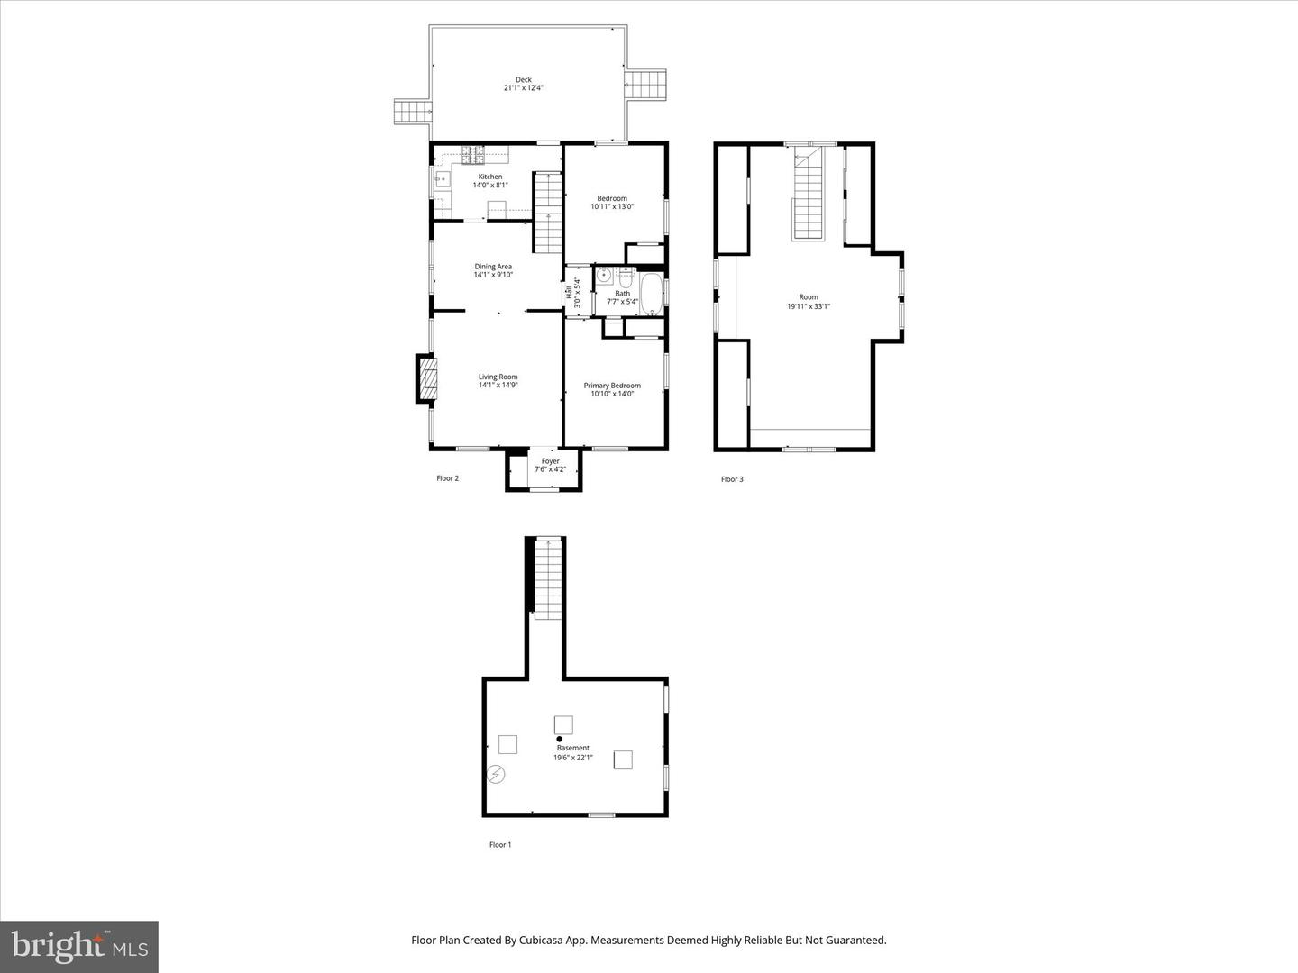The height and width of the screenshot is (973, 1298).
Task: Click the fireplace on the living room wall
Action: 426,379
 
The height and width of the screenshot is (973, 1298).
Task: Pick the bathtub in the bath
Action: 653,296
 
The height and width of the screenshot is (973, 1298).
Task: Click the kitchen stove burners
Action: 473,155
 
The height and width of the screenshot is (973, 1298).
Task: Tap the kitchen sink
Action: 443,179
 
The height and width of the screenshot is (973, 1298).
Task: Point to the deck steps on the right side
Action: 646,86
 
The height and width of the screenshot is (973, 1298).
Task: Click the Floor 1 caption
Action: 499,845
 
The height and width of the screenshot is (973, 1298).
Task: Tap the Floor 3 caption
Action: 732,479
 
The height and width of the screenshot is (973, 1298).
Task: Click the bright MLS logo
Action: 79,946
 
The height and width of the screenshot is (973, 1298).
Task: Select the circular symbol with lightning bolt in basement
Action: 496,774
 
